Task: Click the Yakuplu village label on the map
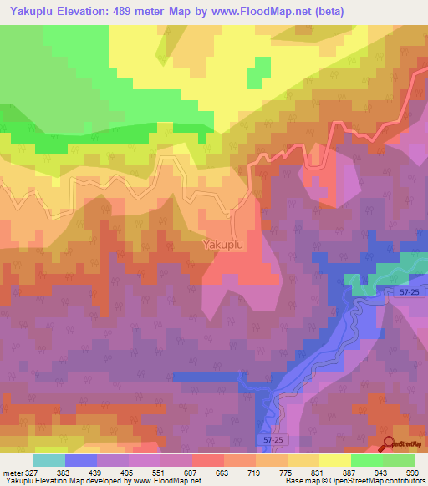[223, 246]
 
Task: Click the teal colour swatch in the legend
[49, 460]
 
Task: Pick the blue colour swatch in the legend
[81, 460]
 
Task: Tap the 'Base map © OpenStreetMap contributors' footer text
[354, 481]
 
